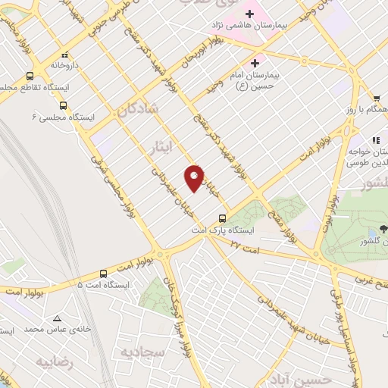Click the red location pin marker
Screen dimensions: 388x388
(194, 178)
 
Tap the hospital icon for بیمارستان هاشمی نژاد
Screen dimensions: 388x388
(249, 13)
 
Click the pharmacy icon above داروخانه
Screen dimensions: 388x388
(66, 55)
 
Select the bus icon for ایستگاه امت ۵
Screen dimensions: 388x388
(104, 273)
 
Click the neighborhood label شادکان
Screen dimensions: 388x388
(138, 111)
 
